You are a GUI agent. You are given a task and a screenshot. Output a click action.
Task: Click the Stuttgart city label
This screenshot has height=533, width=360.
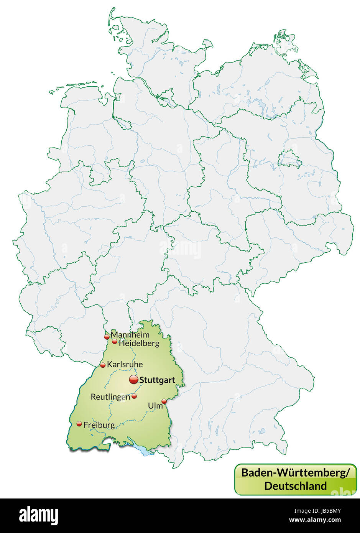click(x=157, y=380)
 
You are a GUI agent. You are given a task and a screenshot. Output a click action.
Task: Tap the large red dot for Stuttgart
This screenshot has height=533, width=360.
click(x=133, y=380)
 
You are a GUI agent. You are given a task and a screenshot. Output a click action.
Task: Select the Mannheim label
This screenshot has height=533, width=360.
click(x=130, y=335)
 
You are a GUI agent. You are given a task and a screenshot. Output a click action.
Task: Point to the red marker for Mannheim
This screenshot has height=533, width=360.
click(x=107, y=337)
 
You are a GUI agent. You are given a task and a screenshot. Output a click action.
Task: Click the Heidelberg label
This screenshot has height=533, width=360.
click(x=139, y=343)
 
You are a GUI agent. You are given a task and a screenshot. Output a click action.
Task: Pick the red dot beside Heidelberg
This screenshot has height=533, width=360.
click(x=115, y=341)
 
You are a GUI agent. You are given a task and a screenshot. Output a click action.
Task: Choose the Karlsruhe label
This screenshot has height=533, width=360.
click(x=125, y=364)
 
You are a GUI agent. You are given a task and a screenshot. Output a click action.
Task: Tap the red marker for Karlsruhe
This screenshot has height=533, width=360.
click(x=103, y=365)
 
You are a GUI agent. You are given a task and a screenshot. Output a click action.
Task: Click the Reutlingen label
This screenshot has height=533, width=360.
click(x=110, y=397)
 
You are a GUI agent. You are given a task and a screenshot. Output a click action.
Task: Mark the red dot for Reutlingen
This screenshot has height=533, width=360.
click(x=134, y=396)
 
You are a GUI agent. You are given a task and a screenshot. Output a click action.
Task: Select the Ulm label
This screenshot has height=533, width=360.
click(x=155, y=405)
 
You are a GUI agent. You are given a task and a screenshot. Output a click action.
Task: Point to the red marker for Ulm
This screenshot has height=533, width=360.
click(x=164, y=401)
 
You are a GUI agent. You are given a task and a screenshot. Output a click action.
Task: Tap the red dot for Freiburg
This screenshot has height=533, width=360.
click(x=79, y=424)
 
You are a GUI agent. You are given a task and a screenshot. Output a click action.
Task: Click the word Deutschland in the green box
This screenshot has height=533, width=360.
click(x=295, y=486)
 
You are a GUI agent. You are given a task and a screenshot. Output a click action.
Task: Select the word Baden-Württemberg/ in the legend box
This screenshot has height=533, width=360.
click(x=295, y=473)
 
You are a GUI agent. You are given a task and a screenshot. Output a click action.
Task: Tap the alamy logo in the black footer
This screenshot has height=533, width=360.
click(x=38, y=515)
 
